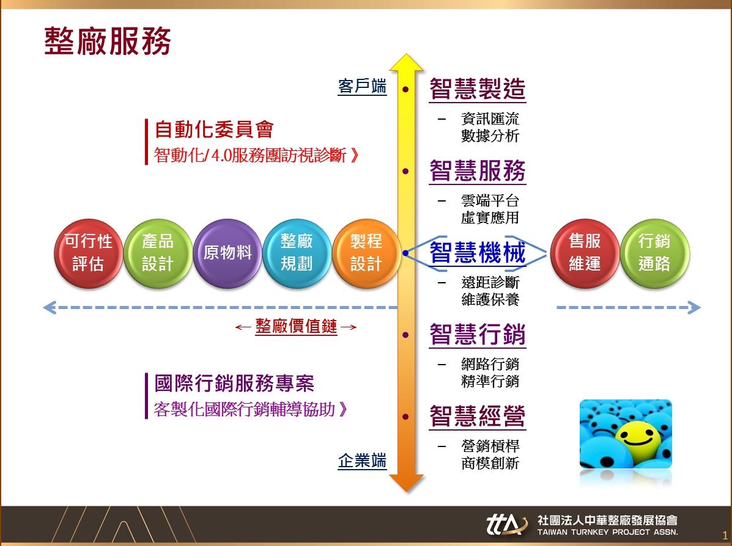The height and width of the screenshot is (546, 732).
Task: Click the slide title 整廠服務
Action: click(x=108, y=41)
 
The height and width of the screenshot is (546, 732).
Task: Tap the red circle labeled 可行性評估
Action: click(x=88, y=253)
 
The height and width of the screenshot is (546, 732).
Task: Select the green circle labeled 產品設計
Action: click(x=158, y=253)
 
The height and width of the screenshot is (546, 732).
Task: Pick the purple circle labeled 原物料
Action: click(x=227, y=253)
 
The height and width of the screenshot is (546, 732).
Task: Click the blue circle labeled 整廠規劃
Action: click(x=297, y=253)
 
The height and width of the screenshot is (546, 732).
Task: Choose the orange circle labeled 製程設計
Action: click(x=366, y=253)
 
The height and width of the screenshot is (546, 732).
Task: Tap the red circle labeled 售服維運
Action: click(x=585, y=253)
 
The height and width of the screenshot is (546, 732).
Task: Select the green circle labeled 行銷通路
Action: click(x=654, y=253)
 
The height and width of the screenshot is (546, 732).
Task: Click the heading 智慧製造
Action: click(x=478, y=89)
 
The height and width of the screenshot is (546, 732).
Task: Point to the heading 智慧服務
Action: click(x=478, y=170)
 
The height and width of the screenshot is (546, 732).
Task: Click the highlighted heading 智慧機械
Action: click(x=478, y=253)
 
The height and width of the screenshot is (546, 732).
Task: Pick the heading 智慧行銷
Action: click(x=478, y=334)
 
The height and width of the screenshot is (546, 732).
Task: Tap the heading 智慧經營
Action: click(x=478, y=416)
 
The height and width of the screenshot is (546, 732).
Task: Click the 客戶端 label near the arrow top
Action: click(x=362, y=86)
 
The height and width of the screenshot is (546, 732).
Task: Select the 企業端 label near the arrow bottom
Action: click(x=362, y=460)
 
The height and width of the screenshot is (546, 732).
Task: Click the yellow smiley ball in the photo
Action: click(x=637, y=438)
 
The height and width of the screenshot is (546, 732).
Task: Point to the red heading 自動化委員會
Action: click(x=214, y=129)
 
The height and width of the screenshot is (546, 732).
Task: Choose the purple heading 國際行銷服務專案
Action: click(x=234, y=384)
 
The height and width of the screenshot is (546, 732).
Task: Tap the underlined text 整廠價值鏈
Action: click(x=296, y=326)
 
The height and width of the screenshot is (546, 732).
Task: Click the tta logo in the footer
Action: click(x=506, y=524)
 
